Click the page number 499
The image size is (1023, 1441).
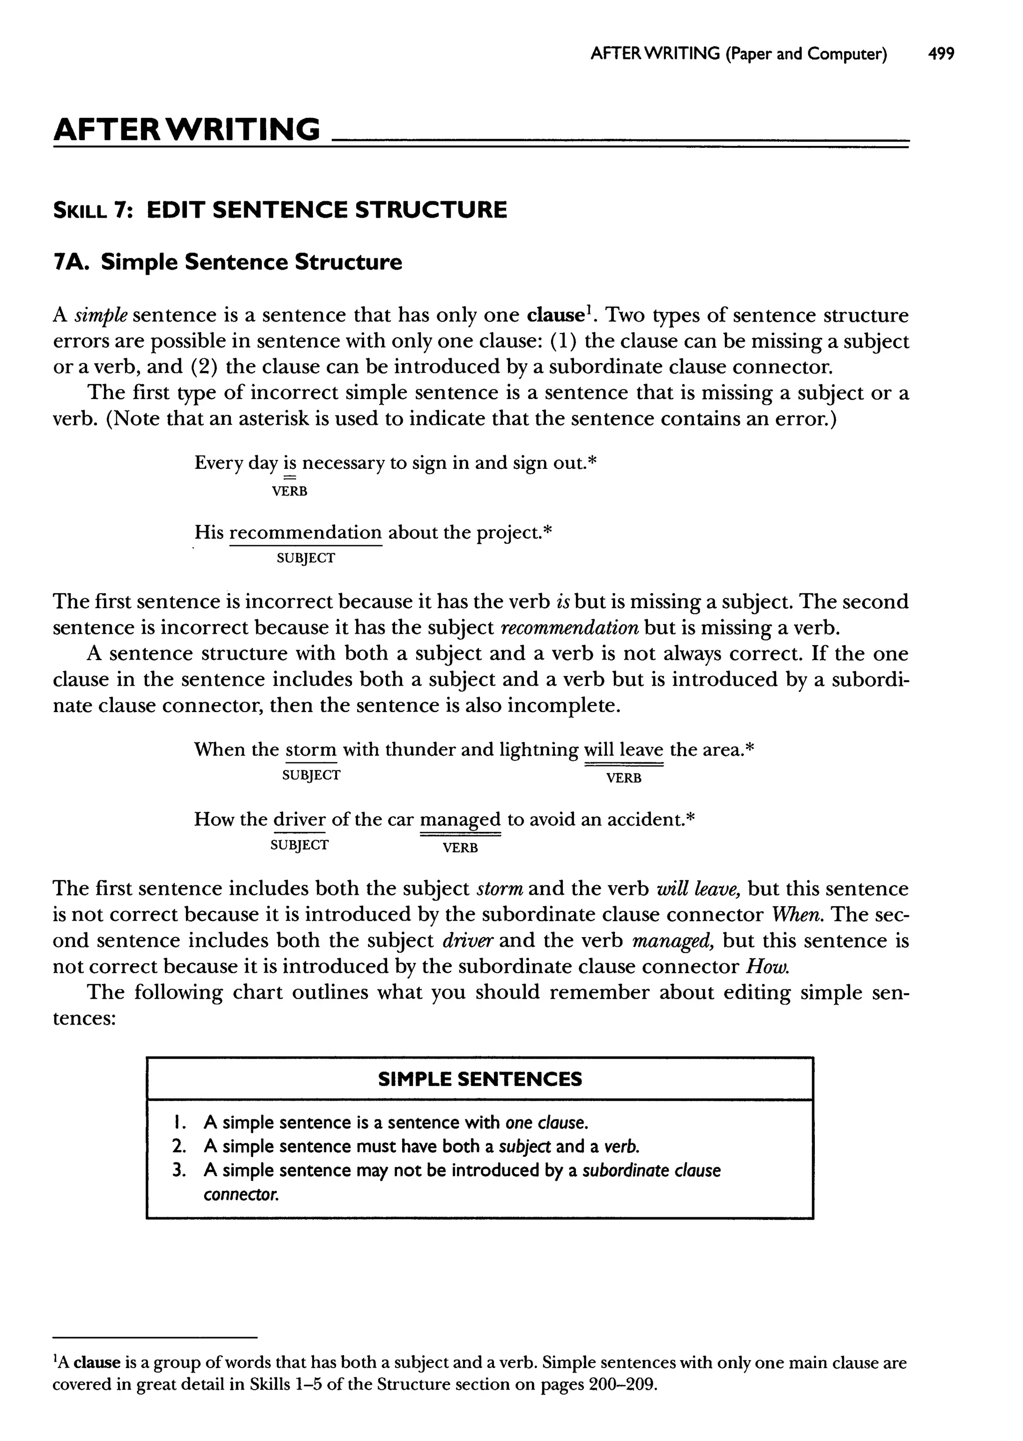(941, 54)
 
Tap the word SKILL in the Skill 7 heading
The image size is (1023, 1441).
(80, 210)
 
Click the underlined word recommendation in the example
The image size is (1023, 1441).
(306, 533)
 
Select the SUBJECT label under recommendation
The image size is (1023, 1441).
(306, 558)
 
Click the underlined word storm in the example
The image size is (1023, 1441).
(311, 750)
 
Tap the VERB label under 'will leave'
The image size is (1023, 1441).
(623, 778)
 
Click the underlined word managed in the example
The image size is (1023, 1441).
(460, 820)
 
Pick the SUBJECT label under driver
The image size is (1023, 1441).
(299, 845)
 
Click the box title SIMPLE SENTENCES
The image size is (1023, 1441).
(480, 1079)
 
